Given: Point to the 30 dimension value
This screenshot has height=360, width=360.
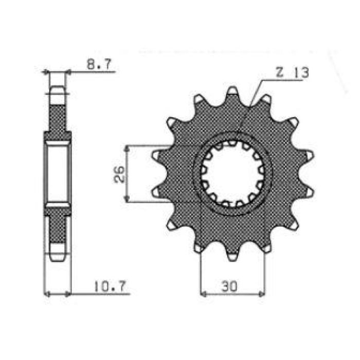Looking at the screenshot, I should point(231,284).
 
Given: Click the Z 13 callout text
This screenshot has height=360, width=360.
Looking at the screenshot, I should point(292,73).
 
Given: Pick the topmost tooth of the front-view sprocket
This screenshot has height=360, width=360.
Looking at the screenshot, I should point(232,93).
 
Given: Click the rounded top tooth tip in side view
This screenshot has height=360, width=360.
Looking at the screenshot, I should point(57,93).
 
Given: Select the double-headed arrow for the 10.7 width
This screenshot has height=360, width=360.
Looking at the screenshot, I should point(57,294).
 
